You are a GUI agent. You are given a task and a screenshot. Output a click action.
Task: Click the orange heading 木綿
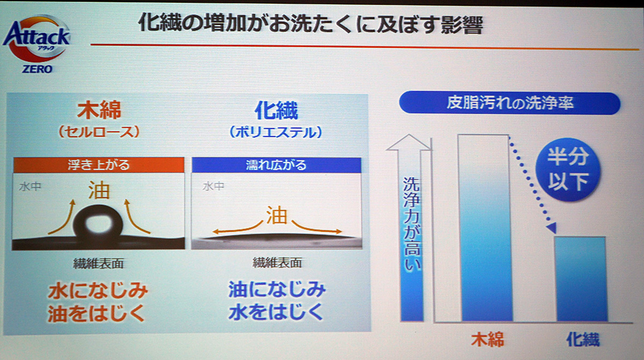point(99,110)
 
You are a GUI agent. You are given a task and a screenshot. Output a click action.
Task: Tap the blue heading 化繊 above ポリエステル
point(276,110)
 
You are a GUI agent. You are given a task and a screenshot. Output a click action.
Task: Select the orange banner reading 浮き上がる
point(99,165)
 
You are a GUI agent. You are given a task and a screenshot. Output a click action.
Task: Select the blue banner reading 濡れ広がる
point(276,165)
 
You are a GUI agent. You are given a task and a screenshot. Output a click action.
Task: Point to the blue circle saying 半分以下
point(568,170)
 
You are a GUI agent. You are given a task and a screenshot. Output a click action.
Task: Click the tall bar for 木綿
point(485,227)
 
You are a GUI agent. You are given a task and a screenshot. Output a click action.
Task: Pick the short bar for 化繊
point(581,278)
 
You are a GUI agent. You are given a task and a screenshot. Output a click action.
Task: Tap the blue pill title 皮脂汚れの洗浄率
point(510,103)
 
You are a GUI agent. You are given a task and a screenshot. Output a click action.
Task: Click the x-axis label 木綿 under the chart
point(488,339)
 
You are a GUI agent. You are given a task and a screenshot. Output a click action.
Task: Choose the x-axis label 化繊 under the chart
point(583,339)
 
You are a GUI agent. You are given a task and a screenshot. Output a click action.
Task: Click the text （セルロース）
point(99,133)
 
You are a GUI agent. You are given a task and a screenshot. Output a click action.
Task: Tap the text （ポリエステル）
point(276,133)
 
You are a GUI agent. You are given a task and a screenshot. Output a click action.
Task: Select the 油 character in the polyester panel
point(276,215)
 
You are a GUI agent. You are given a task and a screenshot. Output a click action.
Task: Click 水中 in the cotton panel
point(30,187)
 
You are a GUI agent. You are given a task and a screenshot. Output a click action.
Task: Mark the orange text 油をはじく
point(97,313)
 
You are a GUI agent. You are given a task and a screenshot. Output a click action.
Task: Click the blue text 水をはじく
point(276,312)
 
